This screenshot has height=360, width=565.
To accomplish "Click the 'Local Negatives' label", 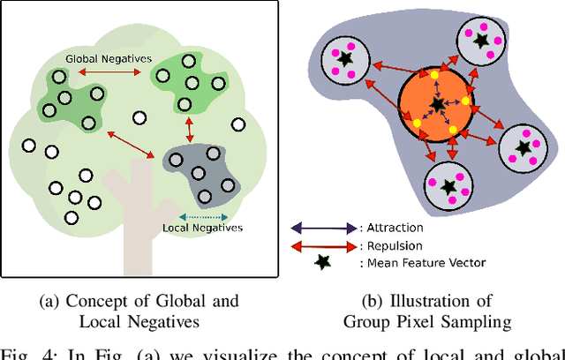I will click(203, 228).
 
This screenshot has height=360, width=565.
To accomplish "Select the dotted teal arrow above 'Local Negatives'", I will click(203, 215).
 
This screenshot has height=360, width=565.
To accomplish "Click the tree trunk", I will click(132, 225).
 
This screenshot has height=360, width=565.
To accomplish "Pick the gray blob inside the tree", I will click(201, 169).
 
